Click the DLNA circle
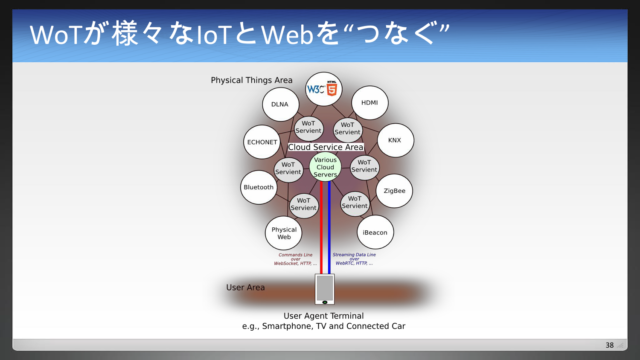point(278,104)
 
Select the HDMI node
point(369,104)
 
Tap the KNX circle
point(395,141)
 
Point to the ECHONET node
point(262,142)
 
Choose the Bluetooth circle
point(258,187)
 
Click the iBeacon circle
point(375,232)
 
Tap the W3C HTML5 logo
point(323,88)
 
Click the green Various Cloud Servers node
point(325,167)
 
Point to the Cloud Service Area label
point(325,147)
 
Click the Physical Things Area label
point(251,80)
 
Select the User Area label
point(245,288)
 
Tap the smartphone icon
point(324,289)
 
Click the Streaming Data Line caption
point(355,258)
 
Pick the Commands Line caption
point(296,258)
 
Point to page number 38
point(609,345)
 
